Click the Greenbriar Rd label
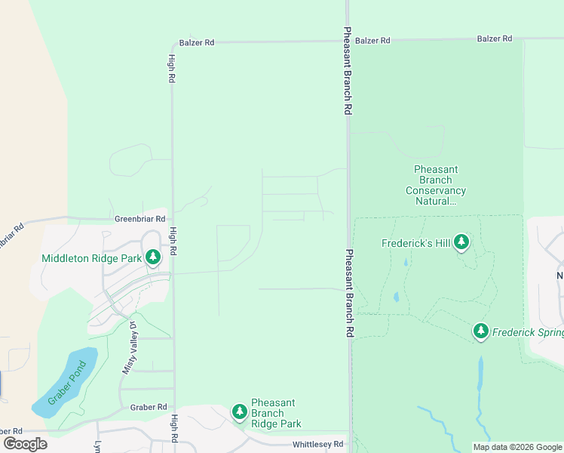click(139, 219)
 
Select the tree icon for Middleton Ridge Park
click(153, 258)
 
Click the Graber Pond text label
click(67, 383)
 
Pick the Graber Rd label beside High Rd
click(148, 407)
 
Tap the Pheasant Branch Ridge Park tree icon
click(240, 412)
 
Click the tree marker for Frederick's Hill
click(461, 242)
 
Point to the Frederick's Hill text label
click(415, 243)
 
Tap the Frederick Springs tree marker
click(481, 331)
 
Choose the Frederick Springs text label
click(528, 331)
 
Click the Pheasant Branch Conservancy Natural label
click(436, 186)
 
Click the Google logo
click(26, 443)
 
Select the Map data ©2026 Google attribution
click(516, 447)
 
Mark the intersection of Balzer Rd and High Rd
click(172, 43)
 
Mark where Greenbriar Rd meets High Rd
click(172, 219)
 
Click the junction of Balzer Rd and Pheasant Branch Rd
click(348, 41)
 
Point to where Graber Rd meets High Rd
click(174, 407)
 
